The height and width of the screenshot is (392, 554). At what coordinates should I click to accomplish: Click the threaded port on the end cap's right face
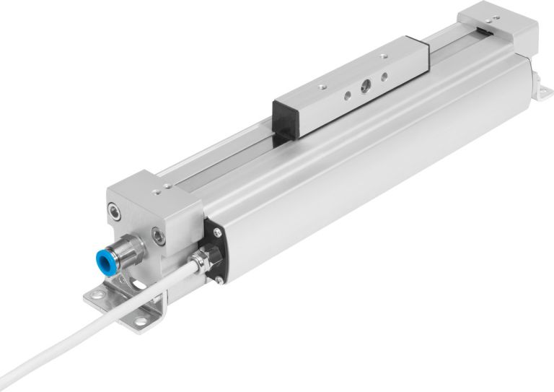157,235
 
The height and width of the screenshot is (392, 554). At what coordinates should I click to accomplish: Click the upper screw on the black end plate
215,232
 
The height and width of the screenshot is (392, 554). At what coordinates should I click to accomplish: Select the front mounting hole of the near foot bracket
141,320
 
